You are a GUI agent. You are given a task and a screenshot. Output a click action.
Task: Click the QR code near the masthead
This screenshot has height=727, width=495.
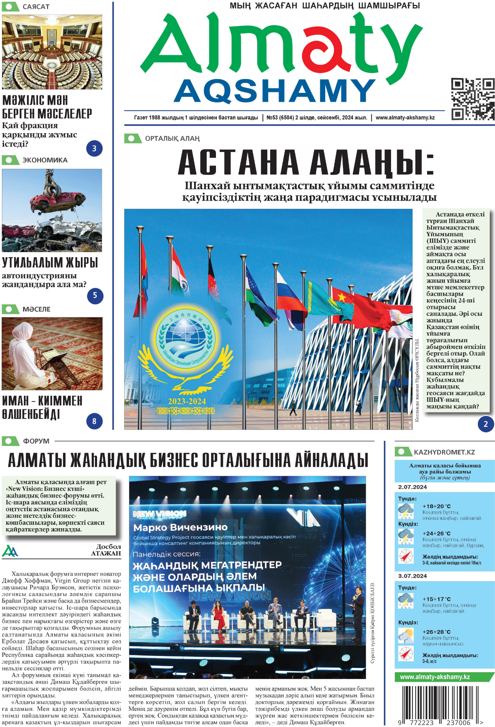pyautogui.click(x=472, y=99)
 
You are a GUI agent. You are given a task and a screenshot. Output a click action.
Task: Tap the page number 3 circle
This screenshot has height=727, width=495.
pyautogui.click(x=94, y=148)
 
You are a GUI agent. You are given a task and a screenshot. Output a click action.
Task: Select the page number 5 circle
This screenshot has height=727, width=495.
pyautogui.click(x=95, y=296)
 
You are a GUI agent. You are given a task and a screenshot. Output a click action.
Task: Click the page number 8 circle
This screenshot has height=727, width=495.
pyautogui.click(x=94, y=421)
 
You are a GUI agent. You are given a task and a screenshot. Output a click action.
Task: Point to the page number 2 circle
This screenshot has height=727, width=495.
pyautogui.click(x=486, y=424)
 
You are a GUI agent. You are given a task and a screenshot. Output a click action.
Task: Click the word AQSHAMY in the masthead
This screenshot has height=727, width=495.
pyautogui.click(x=275, y=91)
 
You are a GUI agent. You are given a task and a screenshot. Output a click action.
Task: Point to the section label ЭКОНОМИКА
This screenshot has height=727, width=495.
pyautogui.click(x=45, y=160)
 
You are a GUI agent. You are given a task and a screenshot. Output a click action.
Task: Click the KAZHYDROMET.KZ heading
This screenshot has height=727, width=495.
pyautogui.click(x=444, y=452)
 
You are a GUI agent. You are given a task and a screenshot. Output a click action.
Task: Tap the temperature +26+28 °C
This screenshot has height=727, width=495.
pyautogui.click(x=436, y=632)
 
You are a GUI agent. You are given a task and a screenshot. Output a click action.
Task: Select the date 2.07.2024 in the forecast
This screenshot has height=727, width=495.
pyautogui.click(x=412, y=487)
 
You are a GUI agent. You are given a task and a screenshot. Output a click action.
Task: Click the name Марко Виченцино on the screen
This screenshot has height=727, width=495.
pyautogui.click(x=180, y=527)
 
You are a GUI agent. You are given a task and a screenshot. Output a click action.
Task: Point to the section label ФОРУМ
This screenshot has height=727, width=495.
pyautogui.click(x=36, y=441)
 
